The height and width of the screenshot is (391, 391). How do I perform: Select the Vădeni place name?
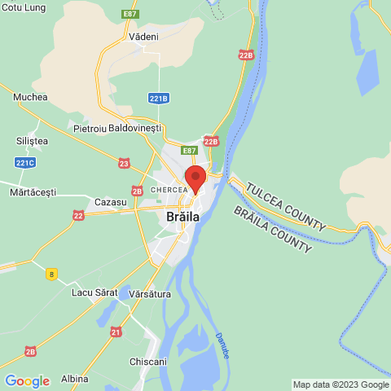pyautogui.click(x=143, y=37)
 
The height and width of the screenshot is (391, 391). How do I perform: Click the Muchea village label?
pyautogui.click(x=31, y=97)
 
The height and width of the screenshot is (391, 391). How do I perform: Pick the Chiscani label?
pyautogui.click(x=148, y=361)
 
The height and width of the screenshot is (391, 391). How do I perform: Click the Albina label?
pyautogui.click(x=74, y=380)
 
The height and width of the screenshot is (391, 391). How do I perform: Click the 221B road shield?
pyautogui.click(x=159, y=98)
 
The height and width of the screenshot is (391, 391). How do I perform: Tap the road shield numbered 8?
pyautogui.click(x=52, y=274)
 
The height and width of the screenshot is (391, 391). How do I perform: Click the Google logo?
pyautogui.click(x=27, y=380)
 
